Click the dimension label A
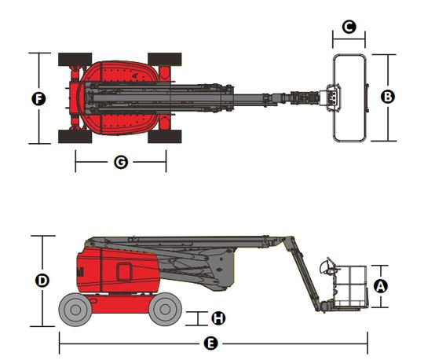[x=381, y=286]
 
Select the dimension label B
[x=388, y=97]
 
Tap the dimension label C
[x=349, y=27]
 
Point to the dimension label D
[x=42, y=280]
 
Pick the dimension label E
[x=210, y=343]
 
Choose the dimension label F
[x=39, y=98]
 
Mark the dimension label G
[x=121, y=162]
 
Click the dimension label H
[x=218, y=318]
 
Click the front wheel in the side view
[x=165, y=310]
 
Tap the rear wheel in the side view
[x=75, y=310]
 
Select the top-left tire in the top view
[x=75, y=60]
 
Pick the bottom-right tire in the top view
[x=165, y=137]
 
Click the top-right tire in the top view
[x=165, y=60]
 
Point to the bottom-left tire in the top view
[x=75, y=137]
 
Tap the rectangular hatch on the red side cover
[x=124, y=272]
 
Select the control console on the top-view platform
[x=333, y=97]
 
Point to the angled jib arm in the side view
[x=303, y=274]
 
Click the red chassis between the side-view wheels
[x=119, y=303]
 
